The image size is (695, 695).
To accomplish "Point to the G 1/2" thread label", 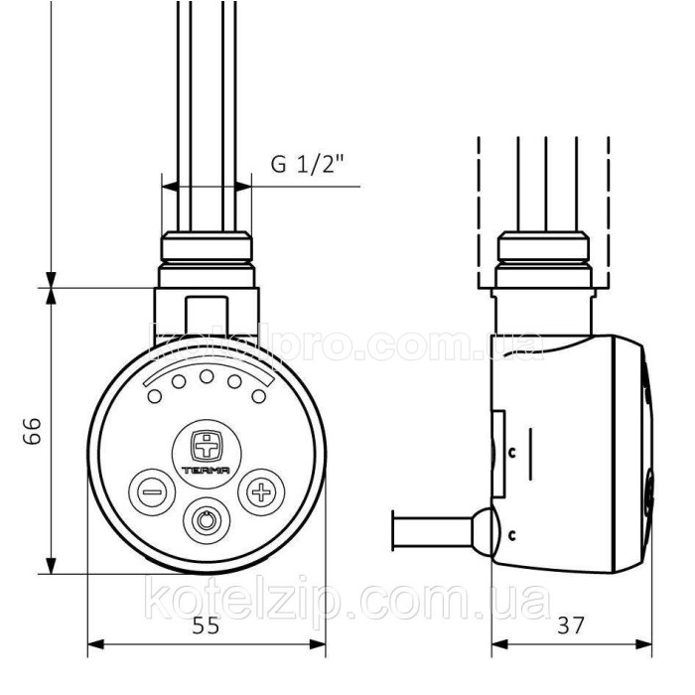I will (x=303, y=164).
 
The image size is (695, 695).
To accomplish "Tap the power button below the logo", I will (x=207, y=519).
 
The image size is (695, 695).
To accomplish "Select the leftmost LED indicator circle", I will (x=155, y=396).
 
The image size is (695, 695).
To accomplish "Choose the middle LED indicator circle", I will (x=207, y=377).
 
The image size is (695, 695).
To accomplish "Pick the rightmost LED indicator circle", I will (x=258, y=396).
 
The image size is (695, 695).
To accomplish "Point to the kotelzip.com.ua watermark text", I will (x=347, y=601).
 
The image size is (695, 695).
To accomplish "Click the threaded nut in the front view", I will (x=207, y=249).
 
